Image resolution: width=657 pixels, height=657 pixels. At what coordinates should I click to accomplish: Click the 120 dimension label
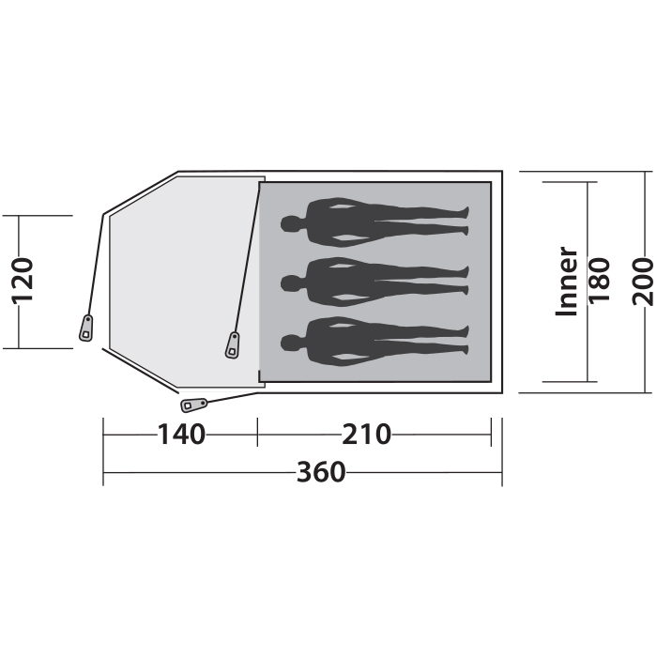22,282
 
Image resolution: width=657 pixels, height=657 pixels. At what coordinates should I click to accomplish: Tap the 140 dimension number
181,435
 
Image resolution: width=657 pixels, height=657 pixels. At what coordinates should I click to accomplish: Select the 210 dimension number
367,435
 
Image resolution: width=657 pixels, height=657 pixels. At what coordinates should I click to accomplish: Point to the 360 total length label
321,472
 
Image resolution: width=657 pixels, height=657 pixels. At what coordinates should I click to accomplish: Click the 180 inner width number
599,281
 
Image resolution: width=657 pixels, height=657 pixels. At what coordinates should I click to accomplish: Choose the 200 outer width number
643,282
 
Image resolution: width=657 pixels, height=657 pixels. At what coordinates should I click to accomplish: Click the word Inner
567,282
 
